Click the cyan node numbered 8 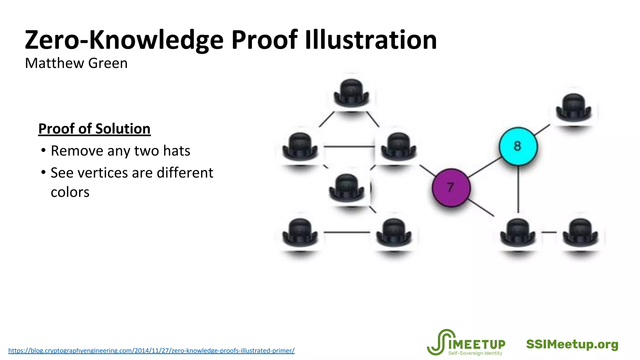tap(518, 146)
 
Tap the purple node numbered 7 tap(451, 187)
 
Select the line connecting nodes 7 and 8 tap(484, 168)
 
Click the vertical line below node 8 tap(518, 189)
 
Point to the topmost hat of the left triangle tap(351, 93)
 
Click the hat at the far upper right tap(573, 108)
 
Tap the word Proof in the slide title tap(264, 40)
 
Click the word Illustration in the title tap(371, 40)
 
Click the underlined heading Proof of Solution tap(94, 129)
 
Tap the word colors tap(70, 192)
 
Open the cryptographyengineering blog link tap(151, 351)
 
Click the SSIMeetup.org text tap(572, 344)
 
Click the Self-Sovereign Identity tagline tap(475, 353)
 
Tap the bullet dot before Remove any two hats tap(43, 151)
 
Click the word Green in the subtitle tap(108, 63)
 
